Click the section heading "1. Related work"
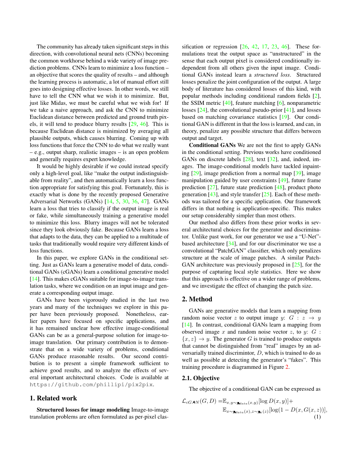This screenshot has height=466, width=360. coord(53,398)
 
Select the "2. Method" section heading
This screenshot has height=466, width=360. coord(197,299)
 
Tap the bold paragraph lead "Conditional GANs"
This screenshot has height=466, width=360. coord(212,145)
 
